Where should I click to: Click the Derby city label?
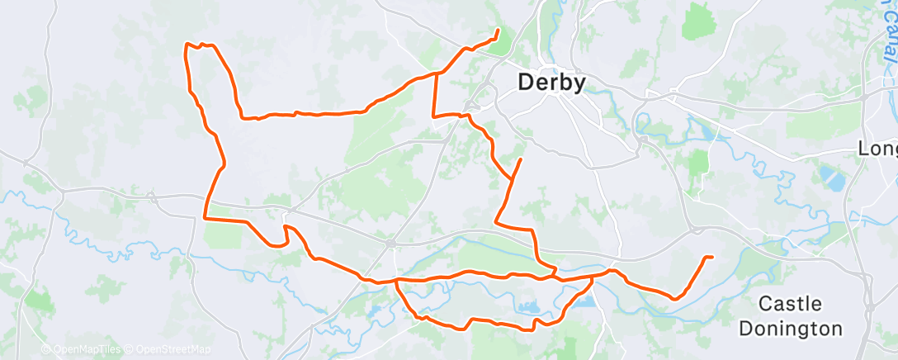[x=551, y=83]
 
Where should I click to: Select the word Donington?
[x=791, y=328]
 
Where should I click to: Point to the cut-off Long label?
[x=877, y=149]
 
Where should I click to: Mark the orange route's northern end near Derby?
[x=498, y=31]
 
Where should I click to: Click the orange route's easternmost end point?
[x=711, y=258]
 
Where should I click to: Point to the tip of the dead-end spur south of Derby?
[x=520, y=159]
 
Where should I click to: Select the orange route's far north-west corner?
[x=185, y=45]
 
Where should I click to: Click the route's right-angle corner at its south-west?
[x=206, y=219]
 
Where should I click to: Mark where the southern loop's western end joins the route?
[x=397, y=280]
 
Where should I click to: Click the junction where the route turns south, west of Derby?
[x=435, y=73]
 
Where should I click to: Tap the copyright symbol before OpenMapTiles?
[x=45, y=350]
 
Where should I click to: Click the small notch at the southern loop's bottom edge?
[x=533, y=328]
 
